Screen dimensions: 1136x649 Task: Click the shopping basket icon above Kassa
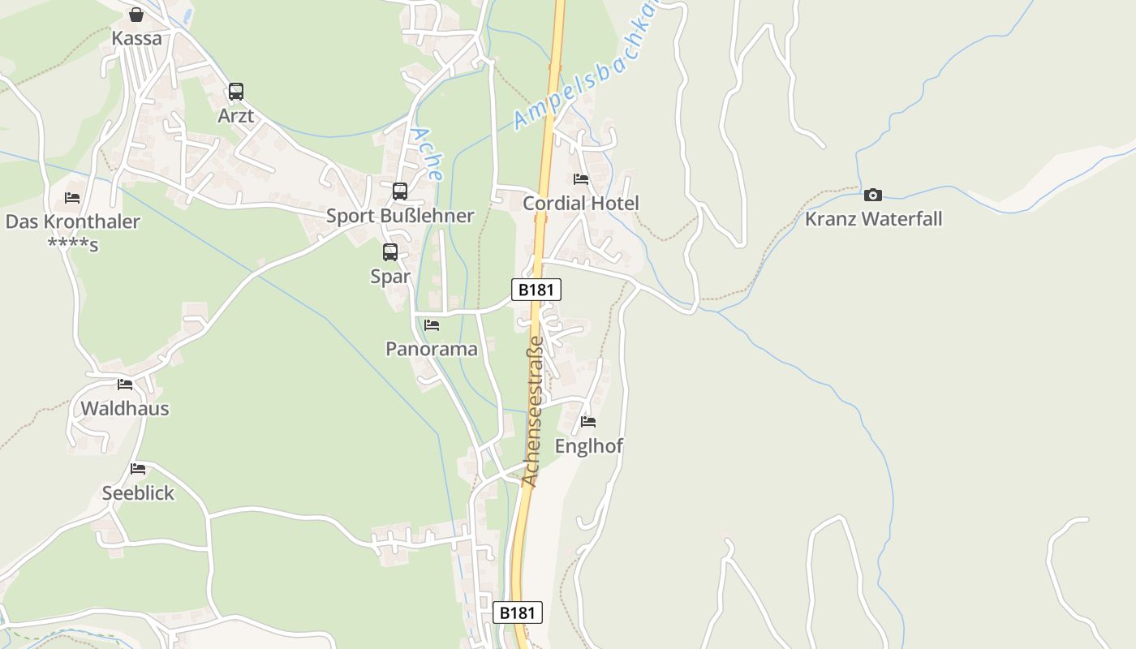136,15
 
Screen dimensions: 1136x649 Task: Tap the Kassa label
136,38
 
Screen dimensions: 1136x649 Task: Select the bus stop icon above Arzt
235,92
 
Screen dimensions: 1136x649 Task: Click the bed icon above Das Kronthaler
72,198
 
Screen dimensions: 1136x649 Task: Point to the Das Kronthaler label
73,221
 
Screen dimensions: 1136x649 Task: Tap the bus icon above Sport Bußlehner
400,191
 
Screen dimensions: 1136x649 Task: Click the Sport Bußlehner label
400,216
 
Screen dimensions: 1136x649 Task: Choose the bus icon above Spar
390,252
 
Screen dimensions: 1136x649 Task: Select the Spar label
390,277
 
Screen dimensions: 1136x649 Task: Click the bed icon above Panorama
432,325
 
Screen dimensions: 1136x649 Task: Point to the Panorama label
432,349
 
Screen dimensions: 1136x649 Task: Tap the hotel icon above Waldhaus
125,385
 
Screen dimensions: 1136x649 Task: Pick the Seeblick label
138,492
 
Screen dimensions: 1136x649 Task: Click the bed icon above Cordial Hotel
581,179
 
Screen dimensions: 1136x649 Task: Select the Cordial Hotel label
581,203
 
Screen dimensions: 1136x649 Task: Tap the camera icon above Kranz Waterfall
873,195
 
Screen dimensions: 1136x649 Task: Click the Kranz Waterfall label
873,219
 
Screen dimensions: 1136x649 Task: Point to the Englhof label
589,445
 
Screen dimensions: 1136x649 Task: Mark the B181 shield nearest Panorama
536,290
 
